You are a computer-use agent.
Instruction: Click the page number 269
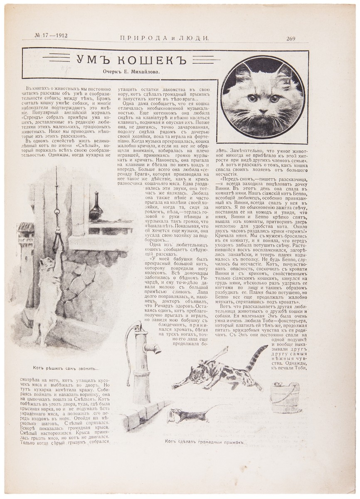[290, 39]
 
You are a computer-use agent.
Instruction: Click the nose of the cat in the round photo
[263, 110]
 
